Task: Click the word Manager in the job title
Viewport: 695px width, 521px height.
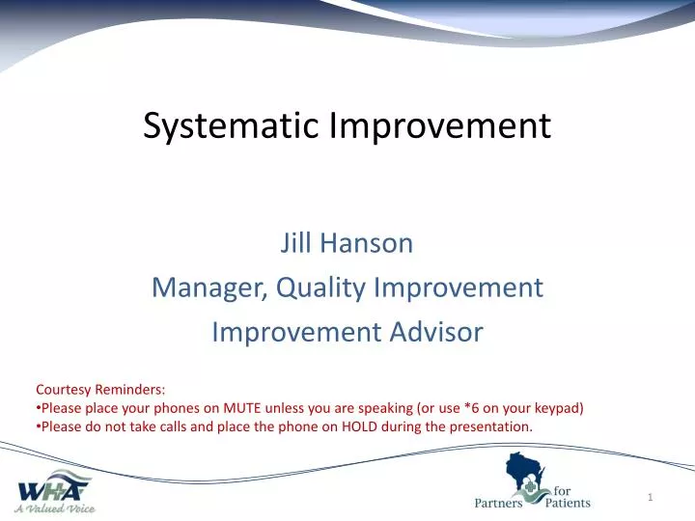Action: pyautogui.click(x=208, y=288)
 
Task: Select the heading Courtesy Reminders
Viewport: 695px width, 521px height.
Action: pyautogui.click(x=100, y=390)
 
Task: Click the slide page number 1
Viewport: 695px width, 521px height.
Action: pyautogui.click(x=652, y=497)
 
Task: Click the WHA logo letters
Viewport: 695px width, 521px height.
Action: pyautogui.click(x=55, y=484)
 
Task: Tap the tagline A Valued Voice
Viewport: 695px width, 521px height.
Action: pyautogui.click(x=54, y=507)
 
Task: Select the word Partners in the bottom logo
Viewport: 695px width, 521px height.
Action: pyautogui.click(x=498, y=503)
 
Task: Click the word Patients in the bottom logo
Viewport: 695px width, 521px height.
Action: pyautogui.click(x=567, y=503)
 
